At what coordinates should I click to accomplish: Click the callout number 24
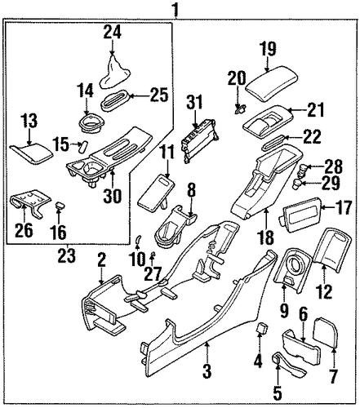click(x=112, y=32)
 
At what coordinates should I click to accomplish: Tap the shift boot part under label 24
click(x=114, y=72)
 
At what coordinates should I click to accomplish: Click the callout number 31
click(x=195, y=102)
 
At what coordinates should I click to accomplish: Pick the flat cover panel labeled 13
click(x=32, y=153)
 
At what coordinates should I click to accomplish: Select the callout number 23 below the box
click(x=67, y=255)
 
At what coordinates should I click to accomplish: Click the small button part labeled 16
click(x=60, y=205)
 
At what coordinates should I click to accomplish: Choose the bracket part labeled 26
click(x=29, y=202)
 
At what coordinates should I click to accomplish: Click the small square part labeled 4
click(x=262, y=329)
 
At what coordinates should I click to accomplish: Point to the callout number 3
click(x=207, y=371)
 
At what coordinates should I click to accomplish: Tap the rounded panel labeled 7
click(x=326, y=332)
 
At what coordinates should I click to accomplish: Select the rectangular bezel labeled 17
click(x=301, y=215)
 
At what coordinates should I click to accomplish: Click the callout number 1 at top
click(x=176, y=9)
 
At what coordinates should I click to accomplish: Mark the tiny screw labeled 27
click(x=153, y=254)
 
